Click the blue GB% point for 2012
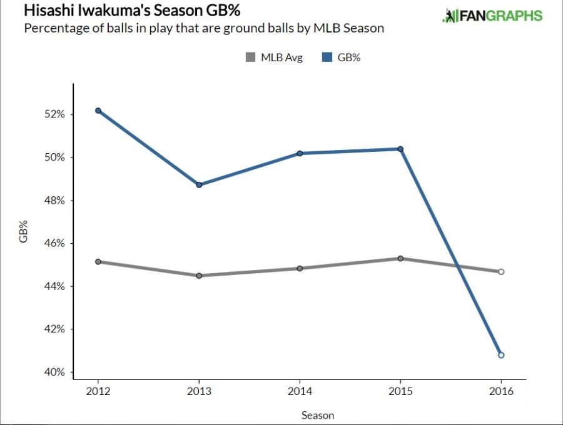pos(98,111)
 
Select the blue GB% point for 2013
pos(199,185)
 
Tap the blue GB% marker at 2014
pos(300,153)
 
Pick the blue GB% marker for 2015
pos(400,149)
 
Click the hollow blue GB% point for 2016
pos(501,355)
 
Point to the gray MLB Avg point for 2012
pos(98,261)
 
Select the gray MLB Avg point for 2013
pos(199,276)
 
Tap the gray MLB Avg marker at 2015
pos(400,258)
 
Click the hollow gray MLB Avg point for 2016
pos(501,272)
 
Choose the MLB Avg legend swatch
pos(250,57)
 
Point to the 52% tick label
pos(54,114)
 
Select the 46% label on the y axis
pos(54,243)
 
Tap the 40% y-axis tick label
pos(54,372)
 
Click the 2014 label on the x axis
pos(300,391)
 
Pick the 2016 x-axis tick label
pos(501,391)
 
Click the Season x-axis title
pos(318,415)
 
